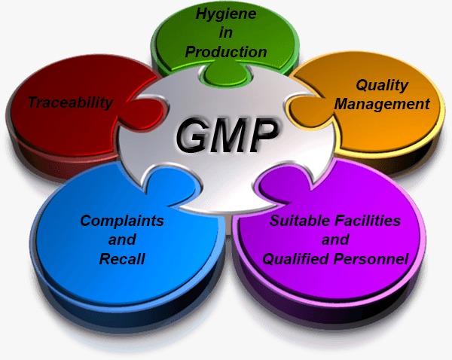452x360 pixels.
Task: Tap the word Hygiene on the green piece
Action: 226,14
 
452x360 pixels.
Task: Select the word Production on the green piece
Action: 226,52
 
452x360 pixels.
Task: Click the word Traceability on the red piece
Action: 71,103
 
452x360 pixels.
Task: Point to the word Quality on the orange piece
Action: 382,85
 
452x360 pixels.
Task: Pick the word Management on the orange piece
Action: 382,104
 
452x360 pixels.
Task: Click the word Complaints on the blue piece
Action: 122,221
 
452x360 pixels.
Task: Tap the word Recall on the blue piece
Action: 122,258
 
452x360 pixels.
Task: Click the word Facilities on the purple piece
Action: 368,221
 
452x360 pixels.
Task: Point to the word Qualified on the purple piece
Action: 296,258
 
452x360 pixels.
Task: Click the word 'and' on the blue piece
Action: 122,239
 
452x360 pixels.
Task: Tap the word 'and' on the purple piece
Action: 335,239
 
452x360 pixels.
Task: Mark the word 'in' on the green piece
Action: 226,33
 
